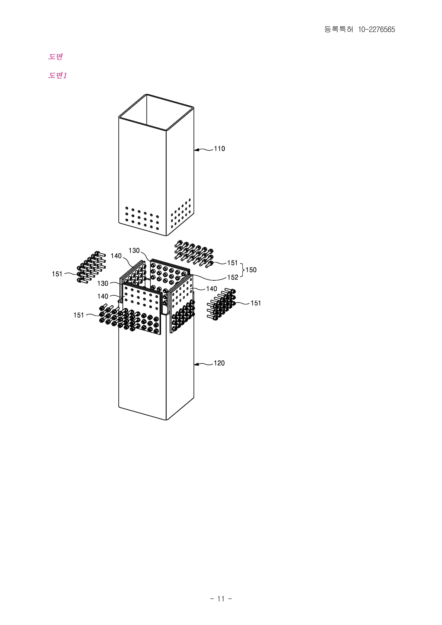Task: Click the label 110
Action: coord(219,149)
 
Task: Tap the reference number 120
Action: coord(219,363)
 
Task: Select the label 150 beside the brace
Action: coord(251,270)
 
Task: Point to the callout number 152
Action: coord(233,277)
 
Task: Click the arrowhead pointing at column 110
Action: coord(196,150)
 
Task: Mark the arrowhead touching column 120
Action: coord(196,364)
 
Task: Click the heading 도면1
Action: coord(57,75)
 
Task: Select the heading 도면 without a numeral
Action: coord(56,57)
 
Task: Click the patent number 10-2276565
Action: coord(377,30)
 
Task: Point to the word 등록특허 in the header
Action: coord(339,29)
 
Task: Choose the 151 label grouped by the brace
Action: coord(232,263)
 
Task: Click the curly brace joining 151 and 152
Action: coord(242,270)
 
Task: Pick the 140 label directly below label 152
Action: coord(211,289)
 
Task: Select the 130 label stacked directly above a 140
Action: coord(103,284)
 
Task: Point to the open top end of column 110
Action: coord(156,112)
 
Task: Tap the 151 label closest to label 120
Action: coord(255,303)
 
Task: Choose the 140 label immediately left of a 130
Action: coord(116,256)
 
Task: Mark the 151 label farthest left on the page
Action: coord(57,274)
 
